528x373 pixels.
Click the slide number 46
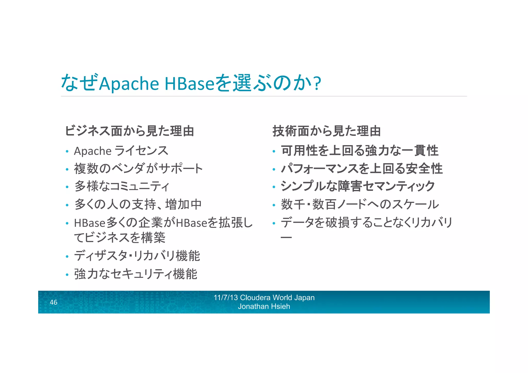(53, 302)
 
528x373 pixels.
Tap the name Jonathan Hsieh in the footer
(264, 306)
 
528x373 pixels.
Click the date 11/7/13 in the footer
(226, 297)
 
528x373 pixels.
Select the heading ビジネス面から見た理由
(129, 131)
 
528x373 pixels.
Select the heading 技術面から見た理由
(327, 131)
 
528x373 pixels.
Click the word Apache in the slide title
(129, 84)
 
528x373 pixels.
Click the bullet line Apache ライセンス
(121, 151)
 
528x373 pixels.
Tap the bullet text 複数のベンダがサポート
(138, 169)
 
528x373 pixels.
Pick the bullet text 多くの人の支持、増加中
(138, 204)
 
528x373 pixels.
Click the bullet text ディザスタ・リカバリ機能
(137, 256)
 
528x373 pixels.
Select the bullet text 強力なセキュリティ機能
(136, 274)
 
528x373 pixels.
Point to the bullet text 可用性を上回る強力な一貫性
(359, 151)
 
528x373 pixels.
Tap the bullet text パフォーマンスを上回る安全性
(362, 169)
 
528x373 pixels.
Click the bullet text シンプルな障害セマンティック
(358, 186)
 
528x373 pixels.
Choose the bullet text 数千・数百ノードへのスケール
(360, 204)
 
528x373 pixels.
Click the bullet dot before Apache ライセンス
(67, 151)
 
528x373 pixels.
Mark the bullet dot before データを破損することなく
(274, 223)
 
